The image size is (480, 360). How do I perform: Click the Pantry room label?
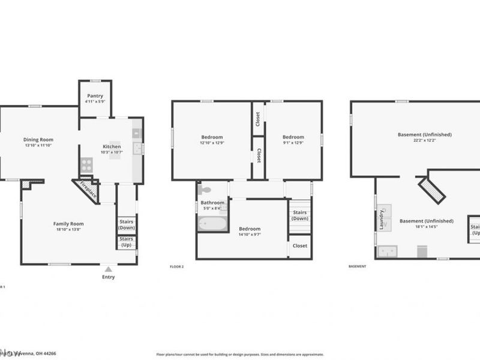[95, 96]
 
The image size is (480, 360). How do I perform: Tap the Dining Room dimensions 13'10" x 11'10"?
[38, 145]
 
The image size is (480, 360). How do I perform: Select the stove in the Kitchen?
[86, 164]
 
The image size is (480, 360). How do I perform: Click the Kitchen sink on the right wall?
[137, 148]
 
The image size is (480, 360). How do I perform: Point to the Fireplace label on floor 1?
[88, 190]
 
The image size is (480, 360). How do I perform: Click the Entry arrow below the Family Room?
[108, 269]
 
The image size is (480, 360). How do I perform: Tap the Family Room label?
[68, 224]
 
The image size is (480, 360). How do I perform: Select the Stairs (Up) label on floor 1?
[127, 242]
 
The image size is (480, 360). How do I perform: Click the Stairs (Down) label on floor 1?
[127, 224]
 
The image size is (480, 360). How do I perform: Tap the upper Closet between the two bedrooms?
[258, 118]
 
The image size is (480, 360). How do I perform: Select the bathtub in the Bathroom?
[212, 224]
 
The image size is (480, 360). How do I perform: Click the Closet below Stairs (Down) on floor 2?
[300, 246]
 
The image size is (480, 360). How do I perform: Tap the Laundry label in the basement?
[381, 220]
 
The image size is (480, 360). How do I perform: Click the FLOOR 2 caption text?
[176, 266]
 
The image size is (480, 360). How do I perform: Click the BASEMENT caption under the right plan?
[357, 266]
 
